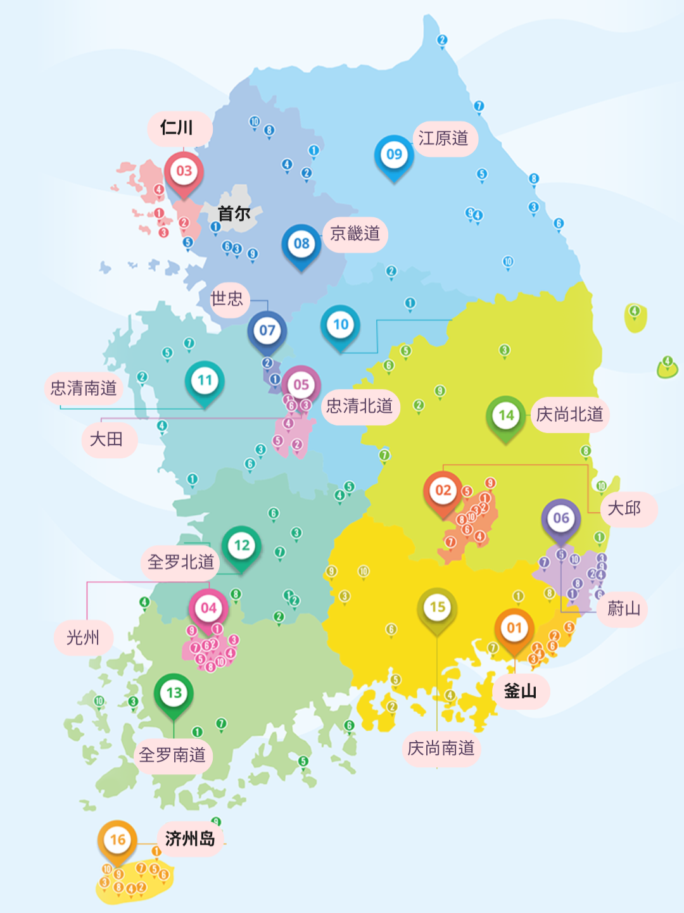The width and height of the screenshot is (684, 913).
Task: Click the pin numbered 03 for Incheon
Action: coord(184,172)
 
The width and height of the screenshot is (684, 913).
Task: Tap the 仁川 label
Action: coord(177,128)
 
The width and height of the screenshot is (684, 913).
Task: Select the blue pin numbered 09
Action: coord(394,154)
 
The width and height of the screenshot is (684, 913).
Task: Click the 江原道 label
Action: coord(443,139)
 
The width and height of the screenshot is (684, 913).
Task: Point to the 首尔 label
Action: coord(234,213)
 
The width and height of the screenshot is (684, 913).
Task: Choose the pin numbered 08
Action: coord(301,244)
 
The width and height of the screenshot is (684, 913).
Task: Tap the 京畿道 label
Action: coord(355,234)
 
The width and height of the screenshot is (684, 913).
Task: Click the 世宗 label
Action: coord(227,298)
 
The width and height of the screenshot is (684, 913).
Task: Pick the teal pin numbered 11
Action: coord(205,381)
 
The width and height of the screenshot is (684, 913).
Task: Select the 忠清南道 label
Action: coord(84,388)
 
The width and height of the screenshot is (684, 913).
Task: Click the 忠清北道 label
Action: coord(360,406)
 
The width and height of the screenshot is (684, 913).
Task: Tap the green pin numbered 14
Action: coord(506,416)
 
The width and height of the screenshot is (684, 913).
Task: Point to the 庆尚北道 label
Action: coord(569,415)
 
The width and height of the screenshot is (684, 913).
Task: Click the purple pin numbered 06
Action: coord(561,519)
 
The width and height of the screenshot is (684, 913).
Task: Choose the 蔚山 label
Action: coord(624,609)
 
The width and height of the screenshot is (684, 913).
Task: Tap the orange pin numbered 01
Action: coord(514,629)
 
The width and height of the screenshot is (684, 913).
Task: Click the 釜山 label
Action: coord(520,691)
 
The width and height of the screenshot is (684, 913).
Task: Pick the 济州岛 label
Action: coord(190,839)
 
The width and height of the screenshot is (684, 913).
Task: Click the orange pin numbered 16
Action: coord(118,841)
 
